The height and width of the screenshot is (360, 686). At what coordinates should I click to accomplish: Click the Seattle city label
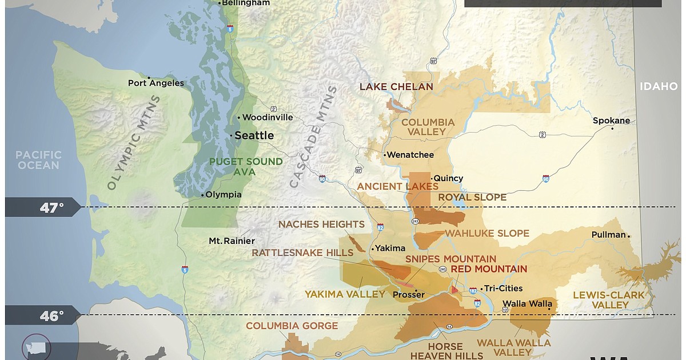pos(254,135)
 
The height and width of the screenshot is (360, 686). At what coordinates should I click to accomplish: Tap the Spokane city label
pos(611,121)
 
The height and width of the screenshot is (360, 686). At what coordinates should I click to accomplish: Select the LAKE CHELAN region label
pos(396,87)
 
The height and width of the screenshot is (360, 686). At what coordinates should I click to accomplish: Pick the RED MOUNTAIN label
pos(489,269)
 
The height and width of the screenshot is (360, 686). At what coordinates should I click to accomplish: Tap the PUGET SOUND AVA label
pos(246,167)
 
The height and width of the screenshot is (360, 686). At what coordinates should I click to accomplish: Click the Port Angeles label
pos(156,83)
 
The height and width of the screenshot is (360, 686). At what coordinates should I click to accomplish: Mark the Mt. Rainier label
pos(232,241)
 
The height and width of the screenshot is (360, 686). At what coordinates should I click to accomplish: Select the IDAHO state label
pos(658,86)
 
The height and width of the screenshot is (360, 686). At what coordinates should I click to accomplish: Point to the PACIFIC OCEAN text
pos(38,160)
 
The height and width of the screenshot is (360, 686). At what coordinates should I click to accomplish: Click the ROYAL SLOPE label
pos(472,197)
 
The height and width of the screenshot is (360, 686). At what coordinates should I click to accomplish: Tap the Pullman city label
pos(608,235)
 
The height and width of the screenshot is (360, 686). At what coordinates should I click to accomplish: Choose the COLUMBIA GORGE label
pos(292,326)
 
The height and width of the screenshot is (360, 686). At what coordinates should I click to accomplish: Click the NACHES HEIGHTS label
pos(321,224)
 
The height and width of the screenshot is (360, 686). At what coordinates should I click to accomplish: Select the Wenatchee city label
pos(410,155)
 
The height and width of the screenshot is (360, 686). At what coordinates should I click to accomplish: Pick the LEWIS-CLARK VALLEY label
pos(608,300)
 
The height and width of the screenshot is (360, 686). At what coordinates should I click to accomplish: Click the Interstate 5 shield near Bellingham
pos(230,28)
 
